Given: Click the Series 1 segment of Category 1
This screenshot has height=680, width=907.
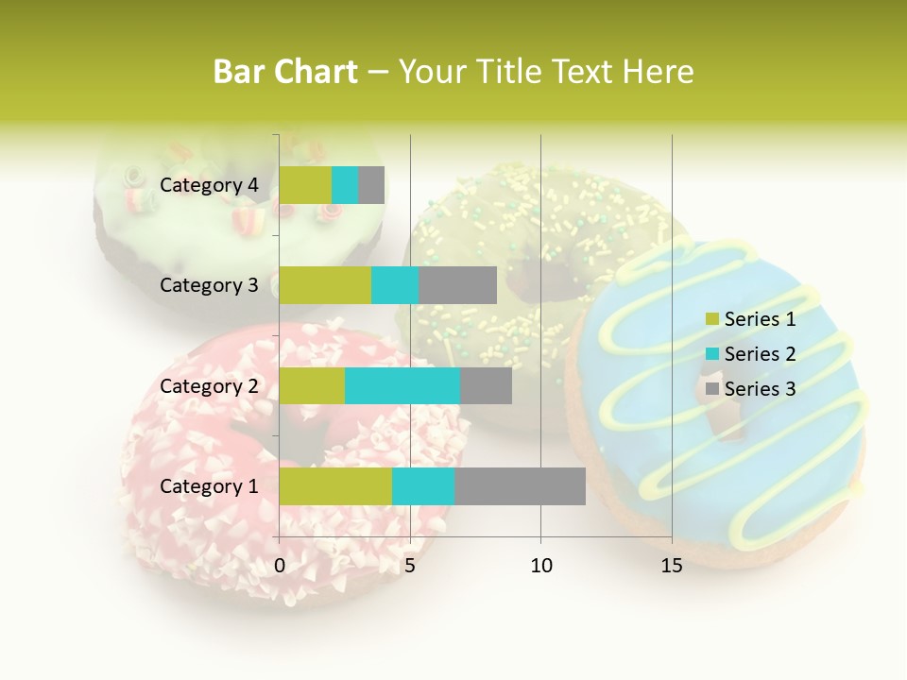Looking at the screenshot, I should (x=335, y=485).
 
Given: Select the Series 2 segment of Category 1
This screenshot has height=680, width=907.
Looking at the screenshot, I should (x=423, y=485).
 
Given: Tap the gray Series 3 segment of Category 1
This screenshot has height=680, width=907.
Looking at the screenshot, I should (x=520, y=485).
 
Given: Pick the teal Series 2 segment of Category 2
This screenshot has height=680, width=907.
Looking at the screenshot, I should (x=402, y=385).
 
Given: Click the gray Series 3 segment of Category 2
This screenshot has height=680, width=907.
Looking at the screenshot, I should (x=486, y=385).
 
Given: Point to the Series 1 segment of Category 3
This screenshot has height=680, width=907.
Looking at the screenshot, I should (x=325, y=285).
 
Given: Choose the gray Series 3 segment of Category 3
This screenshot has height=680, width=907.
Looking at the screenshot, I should (x=457, y=285).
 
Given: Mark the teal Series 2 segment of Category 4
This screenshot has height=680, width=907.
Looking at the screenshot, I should (x=345, y=185).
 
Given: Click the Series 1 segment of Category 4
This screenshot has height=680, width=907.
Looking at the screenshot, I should (x=305, y=185).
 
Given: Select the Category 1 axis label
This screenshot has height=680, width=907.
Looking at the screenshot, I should (x=209, y=486).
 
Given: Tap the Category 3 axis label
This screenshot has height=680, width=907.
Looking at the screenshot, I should (x=209, y=285).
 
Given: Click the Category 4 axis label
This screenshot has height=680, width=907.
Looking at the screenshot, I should (x=209, y=185).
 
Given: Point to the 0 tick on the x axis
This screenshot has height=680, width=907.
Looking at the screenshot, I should (x=280, y=566).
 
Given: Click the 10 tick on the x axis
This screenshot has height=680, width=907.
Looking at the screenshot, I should (x=540, y=566).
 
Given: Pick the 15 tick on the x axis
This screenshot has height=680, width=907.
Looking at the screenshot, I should (x=672, y=566).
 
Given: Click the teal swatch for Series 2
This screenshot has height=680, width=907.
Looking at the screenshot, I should (x=712, y=354).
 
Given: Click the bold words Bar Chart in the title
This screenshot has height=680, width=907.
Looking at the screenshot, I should (x=285, y=72).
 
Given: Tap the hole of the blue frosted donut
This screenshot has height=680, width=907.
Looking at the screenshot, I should (x=727, y=416).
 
